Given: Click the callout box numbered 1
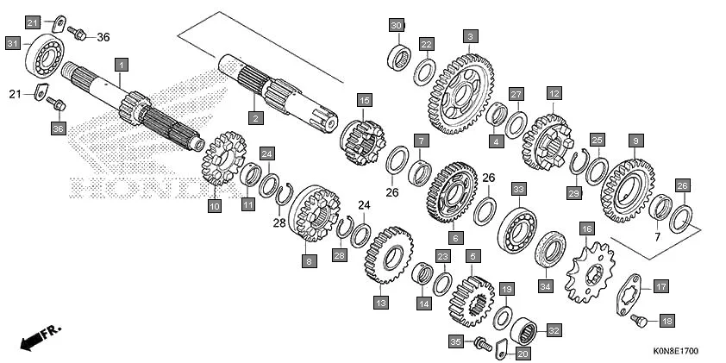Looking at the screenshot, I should tap(122, 65).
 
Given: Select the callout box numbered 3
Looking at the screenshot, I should tap(469, 36).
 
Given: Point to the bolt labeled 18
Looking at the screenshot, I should tap(639, 321).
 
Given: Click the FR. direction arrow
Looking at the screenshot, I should tap(40, 337).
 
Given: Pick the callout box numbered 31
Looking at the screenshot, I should tap(13, 43).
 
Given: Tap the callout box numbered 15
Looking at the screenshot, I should tap(364, 100).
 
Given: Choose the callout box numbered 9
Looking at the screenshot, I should tap(635, 141).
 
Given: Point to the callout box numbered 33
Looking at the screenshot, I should tap(517, 188).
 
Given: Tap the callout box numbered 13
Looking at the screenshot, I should tap(380, 302).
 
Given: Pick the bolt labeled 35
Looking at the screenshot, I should tap(483, 344).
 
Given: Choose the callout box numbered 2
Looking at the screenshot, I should tap(255, 116).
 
